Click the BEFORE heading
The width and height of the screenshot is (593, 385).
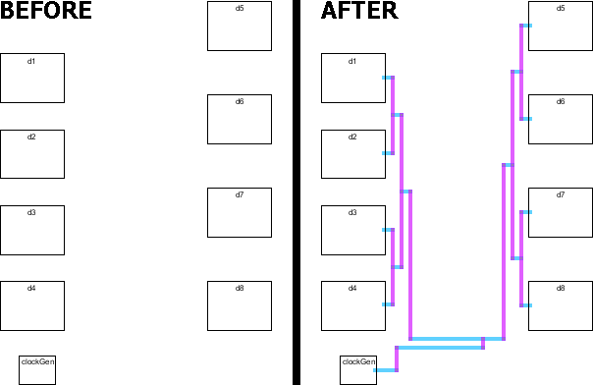click(x=46, y=12)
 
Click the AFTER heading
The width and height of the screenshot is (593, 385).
click(x=359, y=12)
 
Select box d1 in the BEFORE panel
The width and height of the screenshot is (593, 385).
click(x=32, y=78)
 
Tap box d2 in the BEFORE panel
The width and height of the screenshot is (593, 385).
click(x=32, y=153)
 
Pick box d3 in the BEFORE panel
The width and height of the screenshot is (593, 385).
click(x=32, y=229)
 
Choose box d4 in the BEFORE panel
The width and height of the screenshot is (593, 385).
click(x=32, y=304)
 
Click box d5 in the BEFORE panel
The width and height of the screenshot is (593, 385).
click(x=240, y=26)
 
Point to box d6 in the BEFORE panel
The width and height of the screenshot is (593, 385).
click(x=240, y=119)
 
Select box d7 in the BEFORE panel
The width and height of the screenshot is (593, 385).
click(x=240, y=212)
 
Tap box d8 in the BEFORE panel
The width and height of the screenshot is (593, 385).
click(x=240, y=304)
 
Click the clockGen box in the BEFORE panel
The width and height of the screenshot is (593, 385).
click(x=37, y=369)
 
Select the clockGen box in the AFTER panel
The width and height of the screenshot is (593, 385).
click(x=358, y=369)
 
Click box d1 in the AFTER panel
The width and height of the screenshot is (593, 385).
click(x=353, y=78)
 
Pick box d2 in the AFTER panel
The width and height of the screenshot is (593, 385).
click(x=353, y=153)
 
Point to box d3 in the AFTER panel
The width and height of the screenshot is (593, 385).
click(x=353, y=229)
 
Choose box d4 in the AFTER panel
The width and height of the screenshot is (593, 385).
click(x=353, y=304)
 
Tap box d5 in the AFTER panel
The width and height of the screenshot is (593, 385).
click(x=561, y=26)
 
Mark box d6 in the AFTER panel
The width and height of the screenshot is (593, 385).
click(x=561, y=119)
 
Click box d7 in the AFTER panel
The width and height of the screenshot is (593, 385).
click(x=561, y=212)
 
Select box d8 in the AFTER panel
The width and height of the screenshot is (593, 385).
click(x=561, y=304)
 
